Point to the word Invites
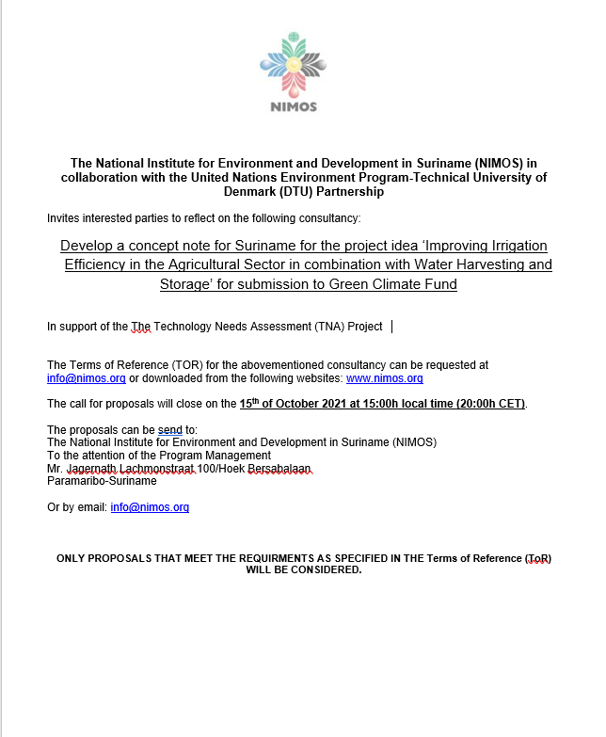pyautogui.click(x=64, y=218)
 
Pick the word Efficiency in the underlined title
pyautogui.click(x=96, y=264)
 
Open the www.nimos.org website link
pyautogui.click(x=384, y=378)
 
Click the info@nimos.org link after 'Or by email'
pyautogui.click(x=150, y=506)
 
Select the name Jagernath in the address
pyautogui.click(x=91, y=468)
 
